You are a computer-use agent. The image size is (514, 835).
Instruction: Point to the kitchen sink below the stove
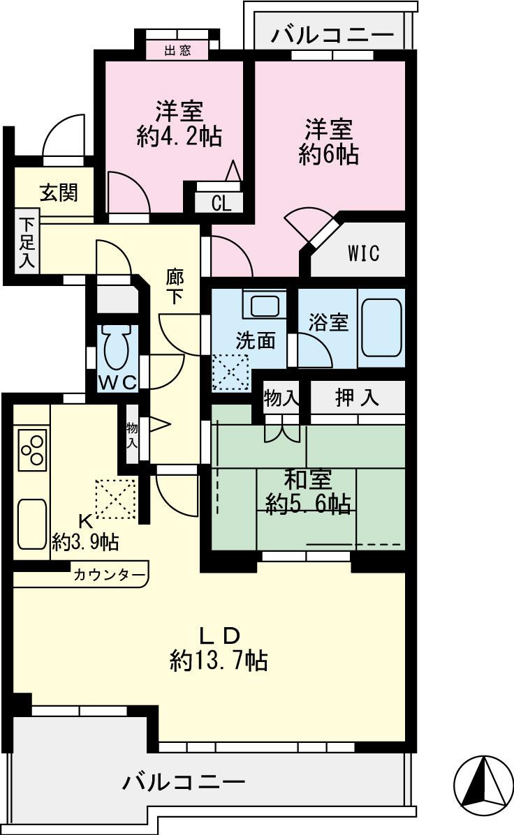point(31,523)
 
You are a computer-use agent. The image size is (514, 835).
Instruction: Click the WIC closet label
point(364,253)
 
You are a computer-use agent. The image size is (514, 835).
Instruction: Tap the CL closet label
point(221,204)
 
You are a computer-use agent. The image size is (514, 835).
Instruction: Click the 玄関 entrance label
point(57,192)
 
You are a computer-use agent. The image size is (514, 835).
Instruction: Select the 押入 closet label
point(357,398)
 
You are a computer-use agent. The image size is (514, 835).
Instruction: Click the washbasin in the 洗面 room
point(265,306)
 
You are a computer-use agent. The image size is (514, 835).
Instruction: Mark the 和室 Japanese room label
point(307,480)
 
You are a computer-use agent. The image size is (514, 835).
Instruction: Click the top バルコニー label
point(333,33)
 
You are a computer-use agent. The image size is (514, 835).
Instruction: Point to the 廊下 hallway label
point(175,287)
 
